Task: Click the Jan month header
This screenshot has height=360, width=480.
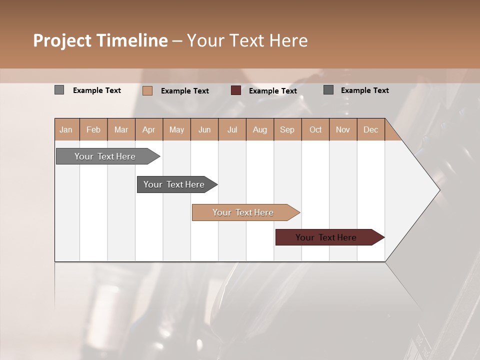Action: click(x=66, y=129)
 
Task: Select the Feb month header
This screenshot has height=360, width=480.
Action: click(x=93, y=129)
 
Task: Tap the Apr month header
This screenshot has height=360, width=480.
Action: click(x=148, y=129)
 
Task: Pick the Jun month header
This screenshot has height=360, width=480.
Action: click(x=204, y=129)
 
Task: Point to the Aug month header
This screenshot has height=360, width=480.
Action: click(x=259, y=129)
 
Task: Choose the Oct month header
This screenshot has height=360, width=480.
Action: click(x=315, y=129)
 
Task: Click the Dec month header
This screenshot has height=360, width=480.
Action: click(x=370, y=129)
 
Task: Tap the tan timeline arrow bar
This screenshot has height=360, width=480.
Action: click(x=243, y=212)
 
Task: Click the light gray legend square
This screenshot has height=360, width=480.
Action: click(x=59, y=90)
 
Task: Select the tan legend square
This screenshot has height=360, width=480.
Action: click(x=147, y=90)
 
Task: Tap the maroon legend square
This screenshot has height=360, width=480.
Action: click(x=236, y=90)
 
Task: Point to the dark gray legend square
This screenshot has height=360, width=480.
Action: click(x=328, y=90)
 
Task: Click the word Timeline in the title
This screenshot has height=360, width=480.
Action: click(x=131, y=40)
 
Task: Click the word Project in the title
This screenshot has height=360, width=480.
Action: click(x=62, y=40)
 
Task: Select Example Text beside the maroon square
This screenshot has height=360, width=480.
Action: click(x=272, y=91)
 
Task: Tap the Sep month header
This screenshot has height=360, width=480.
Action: click(x=287, y=129)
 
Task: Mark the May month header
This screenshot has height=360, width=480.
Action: click(x=176, y=129)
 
